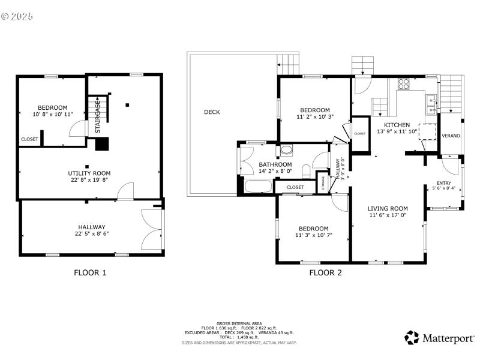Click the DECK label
pos(211,112)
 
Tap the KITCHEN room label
pos(397,125)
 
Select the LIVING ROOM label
pos(388,209)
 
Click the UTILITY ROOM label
pos(89,173)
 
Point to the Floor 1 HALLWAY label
pos(92,227)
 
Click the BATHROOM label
pos(275,164)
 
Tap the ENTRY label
pos(443,183)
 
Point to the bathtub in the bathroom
pos(258,187)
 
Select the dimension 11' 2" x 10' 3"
pos(315,117)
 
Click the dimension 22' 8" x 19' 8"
pos(89,180)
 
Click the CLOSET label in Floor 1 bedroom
pos(29,139)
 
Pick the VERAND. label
pos(451,136)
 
